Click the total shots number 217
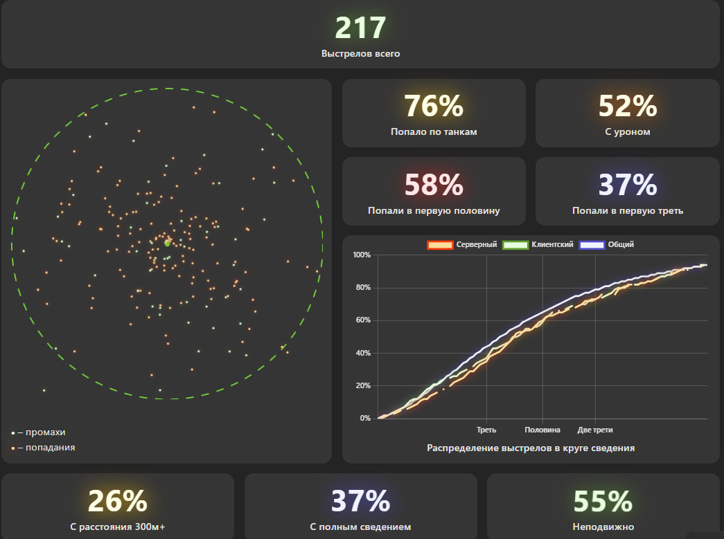coord(360,28)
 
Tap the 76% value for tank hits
coord(434,106)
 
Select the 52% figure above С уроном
coord(628,106)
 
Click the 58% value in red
coord(434,185)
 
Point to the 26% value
coord(117,501)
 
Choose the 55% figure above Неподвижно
coord(603,501)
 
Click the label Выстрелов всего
coord(361,53)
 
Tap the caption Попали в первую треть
coord(628,211)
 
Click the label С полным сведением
coord(361,527)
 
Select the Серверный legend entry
coord(462,244)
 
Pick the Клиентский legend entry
coord(538,244)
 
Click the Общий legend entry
coord(606,244)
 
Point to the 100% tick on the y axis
coord(362,255)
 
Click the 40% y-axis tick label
coord(363,353)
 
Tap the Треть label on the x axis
coord(486,430)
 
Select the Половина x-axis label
coord(542,430)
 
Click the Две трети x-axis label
coord(595,430)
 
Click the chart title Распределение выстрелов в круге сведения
coord(531,448)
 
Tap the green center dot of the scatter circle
coord(167,244)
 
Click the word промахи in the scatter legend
coord(45,432)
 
